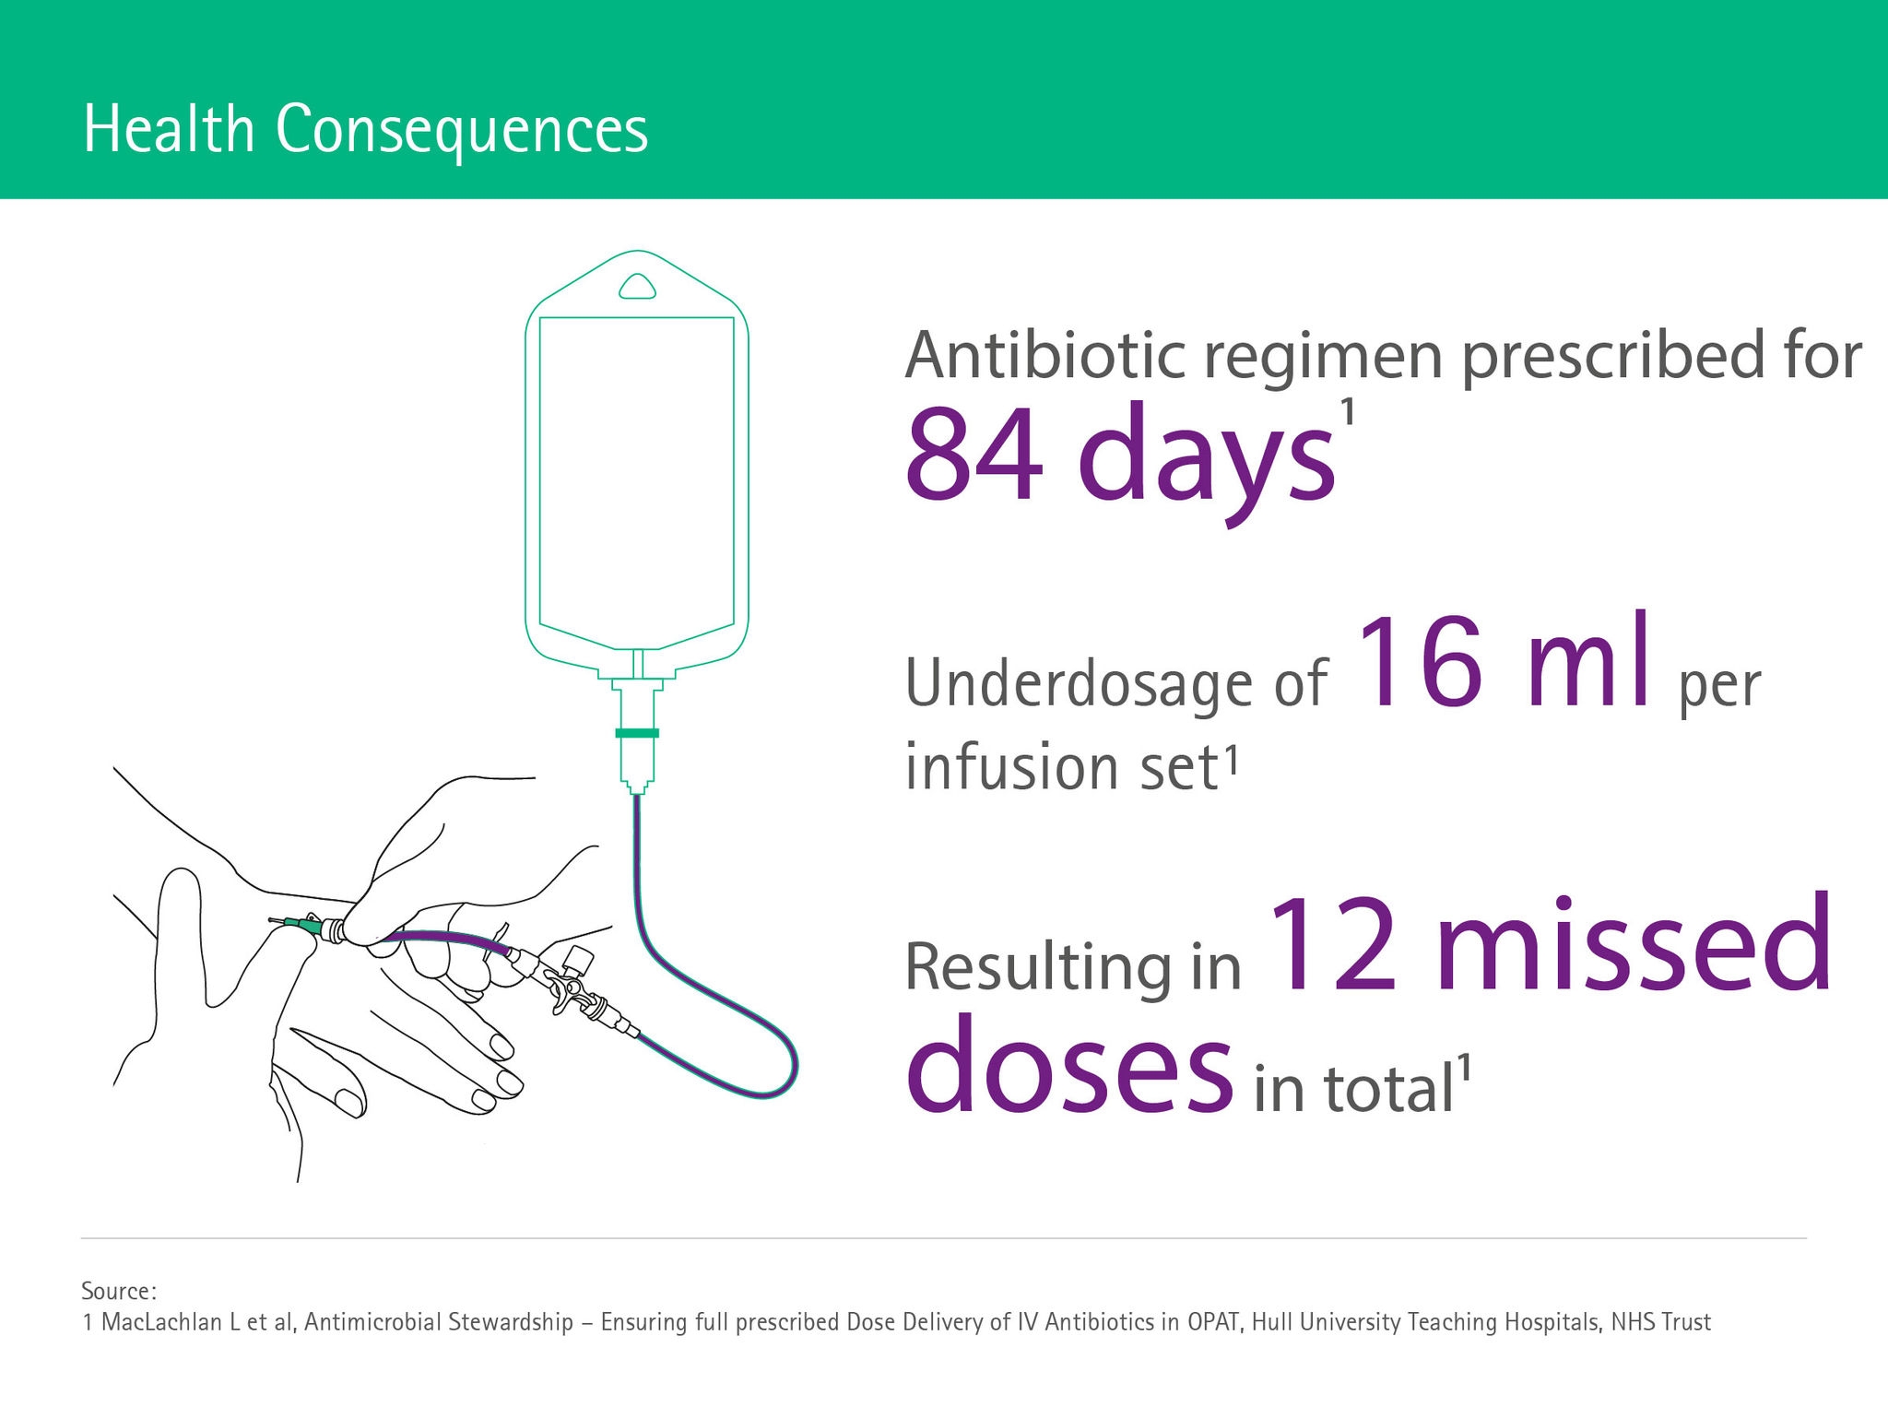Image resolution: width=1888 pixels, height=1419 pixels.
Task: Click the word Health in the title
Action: pyautogui.click(x=168, y=129)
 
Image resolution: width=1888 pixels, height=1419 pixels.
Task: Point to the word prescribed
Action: pyautogui.click(x=1613, y=358)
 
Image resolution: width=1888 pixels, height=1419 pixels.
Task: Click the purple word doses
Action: pyautogui.click(x=1069, y=1065)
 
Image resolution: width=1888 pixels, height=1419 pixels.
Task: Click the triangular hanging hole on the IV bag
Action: pyautogui.click(x=637, y=288)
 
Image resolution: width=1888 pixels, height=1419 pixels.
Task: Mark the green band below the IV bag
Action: pyautogui.click(x=637, y=733)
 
